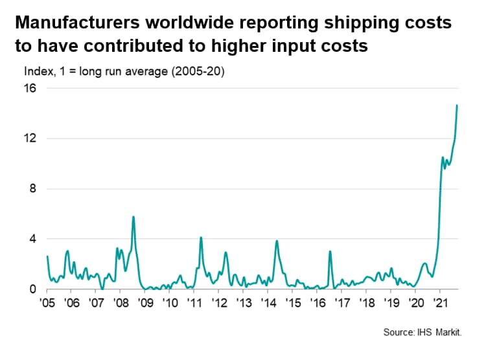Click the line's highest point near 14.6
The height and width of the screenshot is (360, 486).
(x=457, y=105)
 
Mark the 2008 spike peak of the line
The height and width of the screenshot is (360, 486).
(x=133, y=216)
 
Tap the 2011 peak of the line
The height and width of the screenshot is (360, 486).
(x=201, y=237)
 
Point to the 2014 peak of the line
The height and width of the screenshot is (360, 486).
(x=277, y=241)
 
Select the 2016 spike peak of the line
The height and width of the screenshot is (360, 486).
(x=330, y=251)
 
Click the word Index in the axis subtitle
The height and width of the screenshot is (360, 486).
(x=37, y=72)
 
